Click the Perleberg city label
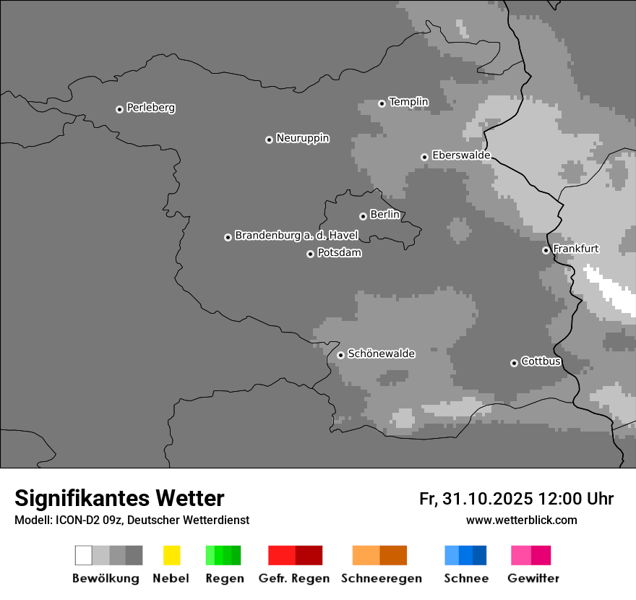pyautogui.click(x=150, y=108)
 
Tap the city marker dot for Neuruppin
pyautogui.click(x=269, y=140)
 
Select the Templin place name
pyautogui.click(x=408, y=102)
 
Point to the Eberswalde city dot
pyautogui.click(x=424, y=157)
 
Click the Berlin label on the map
pyautogui.click(x=384, y=215)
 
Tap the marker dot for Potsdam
pyautogui.click(x=310, y=254)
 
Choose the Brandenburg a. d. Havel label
pyautogui.click(x=296, y=236)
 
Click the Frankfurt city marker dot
pyautogui.click(x=546, y=250)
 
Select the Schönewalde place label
pyautogui.click(x=381, y=353)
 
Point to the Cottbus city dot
pyautogui.click(x=514, y=363)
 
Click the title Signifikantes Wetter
pyautogui.click(x=119, y=499)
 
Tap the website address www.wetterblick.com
pyautogui.click(x=521, y=520)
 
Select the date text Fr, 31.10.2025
pyautogui.click(x=476, y=499)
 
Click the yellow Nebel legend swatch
pyautogui.click(x=171, y=555)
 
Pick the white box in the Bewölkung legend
pyautogui.click(x=84, y=555)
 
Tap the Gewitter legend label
pyautogui.click(x=533, y=578)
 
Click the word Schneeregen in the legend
pyautogui.click(x=381, y=578)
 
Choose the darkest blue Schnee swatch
pyautogui.click(x=479, y=555)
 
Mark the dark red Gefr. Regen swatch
pyautogui.click(x=309, y=555)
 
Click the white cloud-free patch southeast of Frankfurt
pyautogui.click(x=611, y=289)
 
